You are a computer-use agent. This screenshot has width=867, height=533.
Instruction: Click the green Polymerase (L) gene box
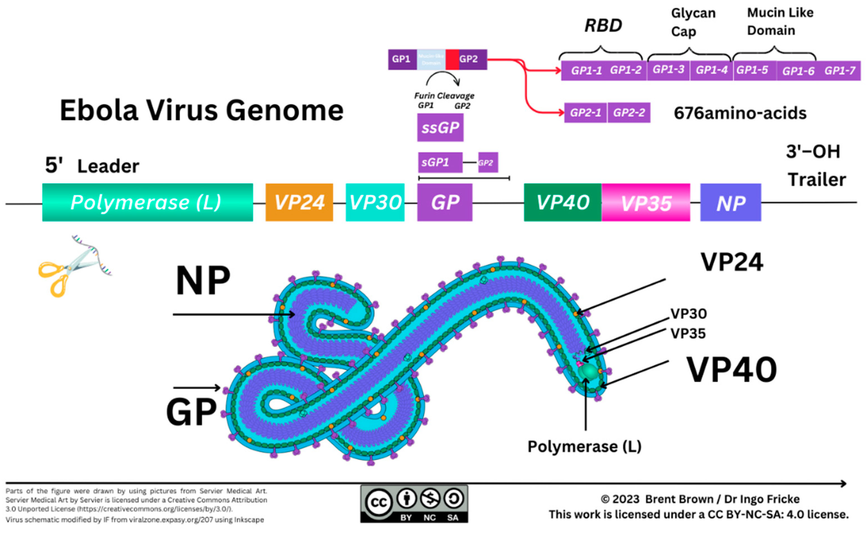point(147,202)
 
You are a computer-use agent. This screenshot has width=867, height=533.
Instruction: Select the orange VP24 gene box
point(299,202)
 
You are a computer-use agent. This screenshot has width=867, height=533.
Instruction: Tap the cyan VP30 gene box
point(375,202)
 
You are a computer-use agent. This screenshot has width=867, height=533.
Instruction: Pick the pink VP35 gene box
point(646,203)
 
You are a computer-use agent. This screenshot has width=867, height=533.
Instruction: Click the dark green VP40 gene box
point(562,202)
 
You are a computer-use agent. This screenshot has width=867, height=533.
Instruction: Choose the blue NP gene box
point(730,203)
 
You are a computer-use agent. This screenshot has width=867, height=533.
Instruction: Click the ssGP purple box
point(440,127)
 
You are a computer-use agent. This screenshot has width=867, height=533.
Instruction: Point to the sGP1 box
point(440,162)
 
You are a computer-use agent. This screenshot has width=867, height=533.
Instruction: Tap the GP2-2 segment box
point(629,113)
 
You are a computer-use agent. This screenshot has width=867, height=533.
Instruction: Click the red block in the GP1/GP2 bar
point(452,59)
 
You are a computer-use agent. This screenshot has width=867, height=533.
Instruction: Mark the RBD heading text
point(603,25)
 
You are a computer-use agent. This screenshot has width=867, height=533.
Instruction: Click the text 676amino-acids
point(740,113)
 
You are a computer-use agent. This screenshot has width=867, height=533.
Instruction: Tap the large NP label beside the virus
point(203,281)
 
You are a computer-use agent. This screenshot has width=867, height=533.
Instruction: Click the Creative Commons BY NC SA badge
point(414,503)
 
